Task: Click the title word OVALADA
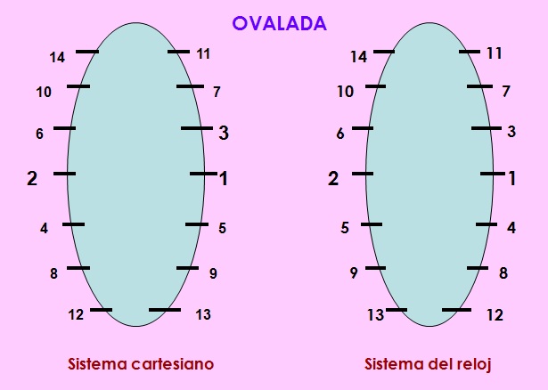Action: click(x=280, y=24)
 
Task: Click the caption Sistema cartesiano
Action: click(x=141, y=365)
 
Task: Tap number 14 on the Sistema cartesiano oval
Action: click(x=57, y=58)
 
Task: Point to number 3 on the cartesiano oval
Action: click(x=224, y=133)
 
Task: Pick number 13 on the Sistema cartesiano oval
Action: click(x=202, y=314)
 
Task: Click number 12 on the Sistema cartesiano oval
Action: click(x=76, y=313)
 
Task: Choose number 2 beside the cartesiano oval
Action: click(x=32, y=178)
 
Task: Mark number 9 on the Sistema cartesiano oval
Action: click(x=213, y=273)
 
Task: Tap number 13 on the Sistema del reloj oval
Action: click(x=375, y=315)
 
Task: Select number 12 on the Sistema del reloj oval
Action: click(x=495, y=315)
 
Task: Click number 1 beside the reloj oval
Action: click(x=511, y=178)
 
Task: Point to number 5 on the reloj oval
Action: click(x=344, y=228)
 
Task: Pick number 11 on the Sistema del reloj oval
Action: click(x=494, y=53)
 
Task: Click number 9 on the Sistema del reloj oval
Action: click(x=354, y=273)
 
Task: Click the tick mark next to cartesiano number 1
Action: click(x=202, y=174)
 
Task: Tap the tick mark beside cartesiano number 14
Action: click(x=86, y=52)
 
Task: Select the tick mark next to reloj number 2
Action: click(x=363, y=174)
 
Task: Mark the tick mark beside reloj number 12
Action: click(x=456, y=310)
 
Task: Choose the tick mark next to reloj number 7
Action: click(x=479, y=86)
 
